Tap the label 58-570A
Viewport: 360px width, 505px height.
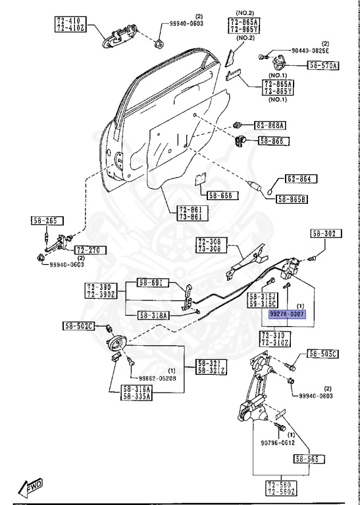[x=322, y=65]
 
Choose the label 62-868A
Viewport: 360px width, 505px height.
[x=270, y=125]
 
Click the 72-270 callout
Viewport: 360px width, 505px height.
[x=89, y=250]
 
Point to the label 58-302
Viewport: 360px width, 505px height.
[x=324, y=233]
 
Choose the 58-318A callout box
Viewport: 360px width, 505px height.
[x=154, y=316]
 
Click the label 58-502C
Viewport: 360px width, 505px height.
[x=80, y=326]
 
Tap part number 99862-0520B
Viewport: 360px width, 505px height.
[x=157, y=378]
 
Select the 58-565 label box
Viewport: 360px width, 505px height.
[x=307, y=458]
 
